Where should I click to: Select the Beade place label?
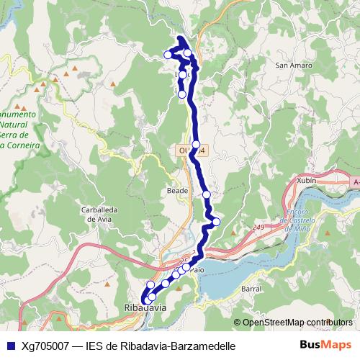pyautogui.click(x=177, y=192)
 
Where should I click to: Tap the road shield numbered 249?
pyautogui.click(x=258, y=228)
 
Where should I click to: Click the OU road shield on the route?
pyautogui.click(x=191, y=150)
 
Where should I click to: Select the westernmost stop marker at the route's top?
pyautogui.click(x=168, y=54)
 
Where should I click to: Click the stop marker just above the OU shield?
pyautogui.click(x=196, y=144)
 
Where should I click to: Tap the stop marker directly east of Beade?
pyautogui.click(x=207, y=194)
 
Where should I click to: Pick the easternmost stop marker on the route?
pyautogui.click(x=216, y=221)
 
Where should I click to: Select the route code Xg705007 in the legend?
pyautogui.click(x=45, y=346)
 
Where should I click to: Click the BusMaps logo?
pyautogui.click(x=325, y=346)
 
